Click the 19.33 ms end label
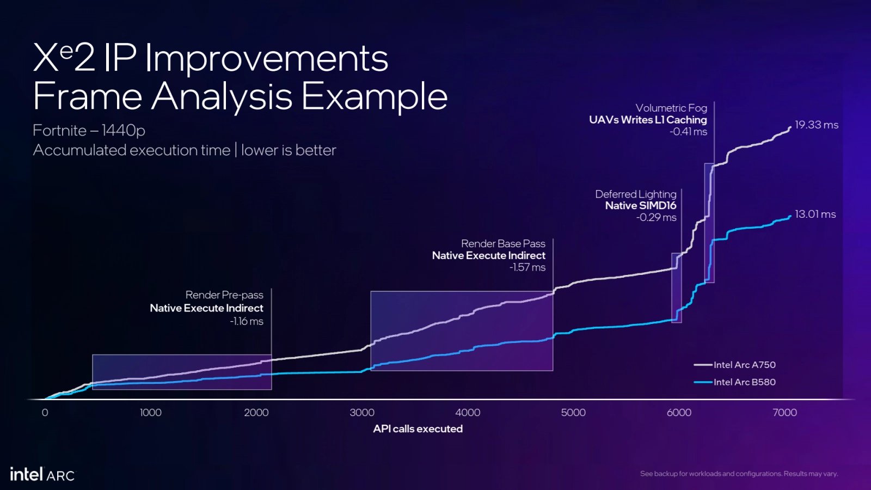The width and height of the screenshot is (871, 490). point(816,125)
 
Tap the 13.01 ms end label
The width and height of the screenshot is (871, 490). point(815,214)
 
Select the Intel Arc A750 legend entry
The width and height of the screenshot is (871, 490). point(744,365)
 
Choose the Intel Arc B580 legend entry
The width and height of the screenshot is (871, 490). point(744,382)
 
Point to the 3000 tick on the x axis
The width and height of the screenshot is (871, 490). point(362,413)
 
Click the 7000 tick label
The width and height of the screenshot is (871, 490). point(784,413)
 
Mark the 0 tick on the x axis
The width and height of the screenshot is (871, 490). point(45,413)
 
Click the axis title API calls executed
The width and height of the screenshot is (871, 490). point(418,429)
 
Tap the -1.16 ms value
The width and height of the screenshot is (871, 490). point(247,321)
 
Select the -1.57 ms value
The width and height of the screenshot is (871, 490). point(527,267)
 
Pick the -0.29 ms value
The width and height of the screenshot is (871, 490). point(656,217)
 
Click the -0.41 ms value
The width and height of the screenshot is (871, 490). point(688,132)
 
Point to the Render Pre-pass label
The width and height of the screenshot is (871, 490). point(224,295)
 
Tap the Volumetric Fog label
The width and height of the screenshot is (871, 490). point(671,108)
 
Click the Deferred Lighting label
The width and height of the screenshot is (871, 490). point(635,194)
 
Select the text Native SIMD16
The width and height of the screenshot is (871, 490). point(640,205)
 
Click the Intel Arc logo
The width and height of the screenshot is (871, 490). point(42,474)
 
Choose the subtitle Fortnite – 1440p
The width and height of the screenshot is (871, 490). point(89,131)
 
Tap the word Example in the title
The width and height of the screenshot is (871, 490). point(374,96)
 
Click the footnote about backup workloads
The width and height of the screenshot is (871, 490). point(739,474)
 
